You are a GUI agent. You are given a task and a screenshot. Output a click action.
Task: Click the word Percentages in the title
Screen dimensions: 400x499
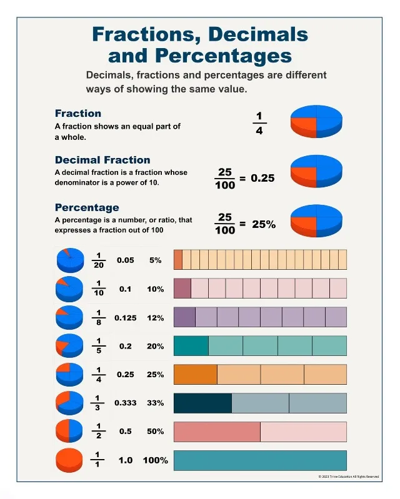224,56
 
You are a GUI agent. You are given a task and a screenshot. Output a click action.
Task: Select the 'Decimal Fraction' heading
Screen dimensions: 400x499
102,160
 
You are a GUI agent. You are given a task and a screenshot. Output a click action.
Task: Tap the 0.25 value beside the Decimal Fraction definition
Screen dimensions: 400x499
262,178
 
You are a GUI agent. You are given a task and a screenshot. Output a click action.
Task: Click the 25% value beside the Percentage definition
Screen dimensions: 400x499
264,224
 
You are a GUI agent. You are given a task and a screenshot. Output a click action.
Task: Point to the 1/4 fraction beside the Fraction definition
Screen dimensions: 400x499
259,123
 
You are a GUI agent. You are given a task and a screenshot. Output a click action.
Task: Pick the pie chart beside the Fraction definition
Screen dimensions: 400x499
316,121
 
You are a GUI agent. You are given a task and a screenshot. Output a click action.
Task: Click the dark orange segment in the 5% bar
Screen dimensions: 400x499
178,260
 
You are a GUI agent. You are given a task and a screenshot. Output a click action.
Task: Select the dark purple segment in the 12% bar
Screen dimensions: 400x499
185,317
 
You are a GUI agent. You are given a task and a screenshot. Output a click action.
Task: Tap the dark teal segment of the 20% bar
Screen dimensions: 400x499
191,345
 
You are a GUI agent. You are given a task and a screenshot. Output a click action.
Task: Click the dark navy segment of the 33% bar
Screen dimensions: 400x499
203,403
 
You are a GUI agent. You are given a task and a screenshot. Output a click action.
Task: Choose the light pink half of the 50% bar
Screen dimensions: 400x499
304,432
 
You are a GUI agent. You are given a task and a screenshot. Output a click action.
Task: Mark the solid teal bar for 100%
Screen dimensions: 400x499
260,460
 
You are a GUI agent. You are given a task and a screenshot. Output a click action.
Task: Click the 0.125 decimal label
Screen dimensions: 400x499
126,318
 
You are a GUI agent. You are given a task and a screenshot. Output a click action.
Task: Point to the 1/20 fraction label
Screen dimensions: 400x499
99,260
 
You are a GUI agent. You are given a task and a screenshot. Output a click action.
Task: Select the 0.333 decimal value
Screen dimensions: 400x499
126,403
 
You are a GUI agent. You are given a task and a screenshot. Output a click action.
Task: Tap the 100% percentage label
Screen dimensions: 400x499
156,460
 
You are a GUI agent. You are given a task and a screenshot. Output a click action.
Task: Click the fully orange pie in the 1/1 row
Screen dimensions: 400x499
69,460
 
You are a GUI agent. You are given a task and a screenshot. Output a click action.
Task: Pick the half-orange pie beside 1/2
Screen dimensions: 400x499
69,431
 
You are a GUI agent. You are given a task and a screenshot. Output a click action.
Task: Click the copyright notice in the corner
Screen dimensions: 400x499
349,477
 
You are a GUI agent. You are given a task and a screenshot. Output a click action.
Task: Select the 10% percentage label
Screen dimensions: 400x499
156,289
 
